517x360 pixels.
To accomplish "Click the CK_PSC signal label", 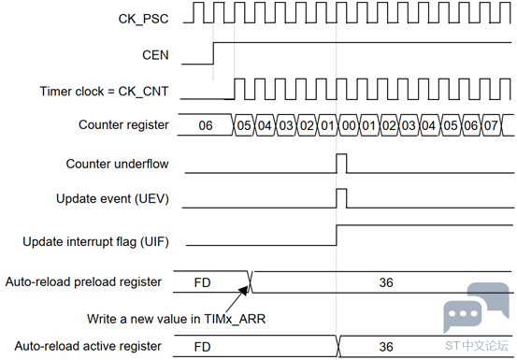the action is coord(143,19).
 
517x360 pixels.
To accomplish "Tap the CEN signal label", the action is coord(155,55).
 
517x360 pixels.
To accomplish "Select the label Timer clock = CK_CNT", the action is coord(104,92).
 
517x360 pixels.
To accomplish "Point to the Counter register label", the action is coord(123,125).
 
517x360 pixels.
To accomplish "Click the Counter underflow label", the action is coord(117,164).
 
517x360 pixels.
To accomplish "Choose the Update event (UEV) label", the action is coord(112,199).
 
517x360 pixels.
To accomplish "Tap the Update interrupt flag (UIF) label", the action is coord(95,241).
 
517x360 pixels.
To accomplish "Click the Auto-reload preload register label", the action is coord(83,282).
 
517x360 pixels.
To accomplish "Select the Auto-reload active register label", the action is coord(88,346).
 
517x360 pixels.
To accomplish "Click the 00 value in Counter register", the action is coord(349,125).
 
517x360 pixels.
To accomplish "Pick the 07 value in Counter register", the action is coord(491,125).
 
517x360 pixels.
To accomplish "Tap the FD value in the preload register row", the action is coord(202,282).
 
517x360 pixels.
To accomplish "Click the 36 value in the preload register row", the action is coord(386,282).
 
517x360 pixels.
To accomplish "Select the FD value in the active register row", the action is coord(202,347).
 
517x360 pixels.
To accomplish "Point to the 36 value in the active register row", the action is coord(386,347).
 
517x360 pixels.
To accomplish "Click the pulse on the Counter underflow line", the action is coord(341,154).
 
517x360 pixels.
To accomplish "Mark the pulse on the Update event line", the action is coord(341,189).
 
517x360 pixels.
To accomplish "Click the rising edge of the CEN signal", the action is coord(213,53).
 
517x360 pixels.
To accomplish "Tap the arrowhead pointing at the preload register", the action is coord(244,290).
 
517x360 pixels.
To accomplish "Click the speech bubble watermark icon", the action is coord(476,307).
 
